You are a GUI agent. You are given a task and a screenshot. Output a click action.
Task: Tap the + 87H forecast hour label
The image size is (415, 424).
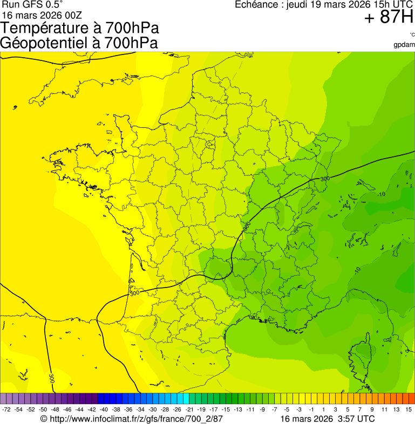coord(389,18)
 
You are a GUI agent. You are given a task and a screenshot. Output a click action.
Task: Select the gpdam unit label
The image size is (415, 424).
coord(404,44)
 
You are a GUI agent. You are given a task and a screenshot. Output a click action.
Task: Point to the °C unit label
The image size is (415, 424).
coord(412,35)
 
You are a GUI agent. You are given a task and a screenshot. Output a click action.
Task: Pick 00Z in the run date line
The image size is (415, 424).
coord(74,15)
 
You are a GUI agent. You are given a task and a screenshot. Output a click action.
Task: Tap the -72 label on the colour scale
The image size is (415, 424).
coord(6,410)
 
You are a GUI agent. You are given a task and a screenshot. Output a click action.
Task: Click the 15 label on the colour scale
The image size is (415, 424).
coord(409,410)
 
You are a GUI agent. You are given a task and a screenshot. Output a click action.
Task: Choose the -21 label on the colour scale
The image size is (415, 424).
coord(189,410)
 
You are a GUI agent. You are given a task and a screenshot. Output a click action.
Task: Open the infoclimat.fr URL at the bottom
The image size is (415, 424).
coord(135,419)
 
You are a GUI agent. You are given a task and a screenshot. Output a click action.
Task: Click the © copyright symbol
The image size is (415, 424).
coord(44,419)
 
